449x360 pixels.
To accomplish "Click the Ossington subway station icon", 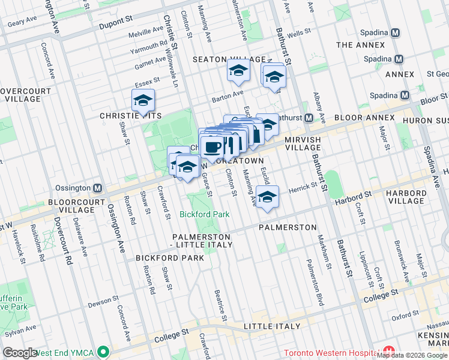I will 97,188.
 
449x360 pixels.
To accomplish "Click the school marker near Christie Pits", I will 143,100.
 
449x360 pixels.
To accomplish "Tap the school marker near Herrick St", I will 267,197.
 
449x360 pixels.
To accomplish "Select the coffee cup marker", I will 211,145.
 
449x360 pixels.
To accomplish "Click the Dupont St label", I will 113,20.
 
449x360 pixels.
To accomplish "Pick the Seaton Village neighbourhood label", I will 229,59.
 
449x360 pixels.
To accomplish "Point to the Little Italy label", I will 271,326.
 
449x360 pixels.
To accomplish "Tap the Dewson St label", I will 100,305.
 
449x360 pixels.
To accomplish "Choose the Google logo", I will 20,352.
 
